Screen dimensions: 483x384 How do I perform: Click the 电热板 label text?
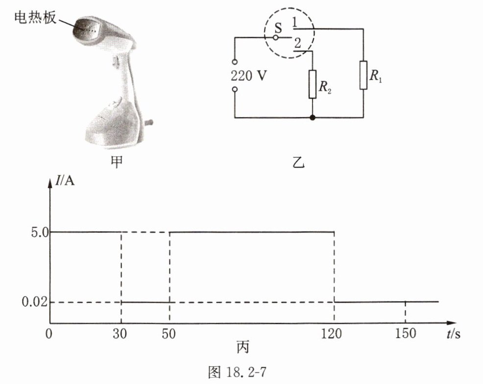(x=35, y=18)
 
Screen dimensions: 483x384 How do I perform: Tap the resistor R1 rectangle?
(x=363, y=75)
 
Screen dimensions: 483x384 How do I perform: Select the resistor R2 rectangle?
(x=313, y=84)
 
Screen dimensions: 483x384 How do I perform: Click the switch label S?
(x=278, y=28)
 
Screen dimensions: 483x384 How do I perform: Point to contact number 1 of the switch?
(x=294, y=22)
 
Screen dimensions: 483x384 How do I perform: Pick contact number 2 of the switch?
(x=297, y=43)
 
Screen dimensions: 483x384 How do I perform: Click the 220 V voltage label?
(x=249, y=76)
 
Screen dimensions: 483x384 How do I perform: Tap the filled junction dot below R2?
(x=313, y=118)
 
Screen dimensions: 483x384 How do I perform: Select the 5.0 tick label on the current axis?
(x=40, y=233)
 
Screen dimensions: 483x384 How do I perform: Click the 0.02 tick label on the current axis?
(x=35, y=302)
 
